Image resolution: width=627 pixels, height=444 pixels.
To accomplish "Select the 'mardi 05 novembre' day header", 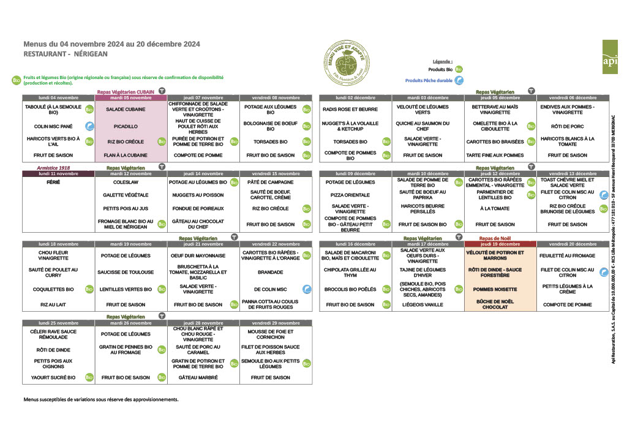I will pos(130,97).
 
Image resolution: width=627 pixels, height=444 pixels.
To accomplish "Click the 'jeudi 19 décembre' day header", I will pos(500,244).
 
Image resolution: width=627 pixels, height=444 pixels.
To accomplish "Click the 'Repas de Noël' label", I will pos(495,238).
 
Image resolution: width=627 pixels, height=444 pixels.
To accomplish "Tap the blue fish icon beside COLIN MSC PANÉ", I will pos(89,126).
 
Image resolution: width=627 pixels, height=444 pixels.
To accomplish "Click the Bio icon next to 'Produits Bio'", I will pos(459,70).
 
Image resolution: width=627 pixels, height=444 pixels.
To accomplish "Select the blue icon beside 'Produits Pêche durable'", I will pos(459,80).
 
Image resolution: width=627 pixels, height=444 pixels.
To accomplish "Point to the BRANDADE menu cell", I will pos(270,273).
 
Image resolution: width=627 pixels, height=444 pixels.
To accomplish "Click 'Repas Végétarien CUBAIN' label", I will pos(126,92).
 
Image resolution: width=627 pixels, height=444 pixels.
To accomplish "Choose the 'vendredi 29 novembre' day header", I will pos(276,323).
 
